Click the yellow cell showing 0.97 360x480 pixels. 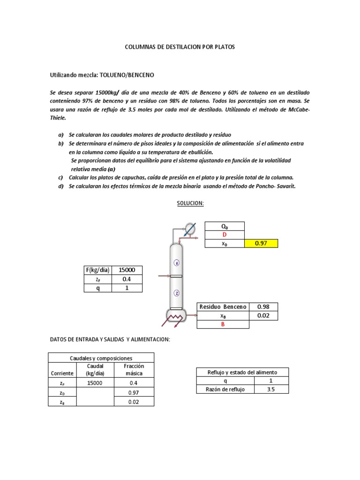pyautogui.click(x=261, y=243)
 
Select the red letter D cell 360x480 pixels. pyautogui.click(x=224, y=235)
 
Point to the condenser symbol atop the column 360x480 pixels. pyautogui.click(x=190, y=229)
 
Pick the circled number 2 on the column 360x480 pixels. pyautogui.click(x=177, y=293)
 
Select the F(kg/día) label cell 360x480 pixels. pyautogui.click(x=98, y=270)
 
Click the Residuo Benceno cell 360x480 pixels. pyautogui.click(x=223, y=307)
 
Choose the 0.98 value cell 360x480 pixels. pyautogui.click(x=261, y=307)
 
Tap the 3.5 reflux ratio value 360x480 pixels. pyautogui.click(x=271, y=389)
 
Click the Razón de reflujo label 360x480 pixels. pyautogui.click(x=225, y=389)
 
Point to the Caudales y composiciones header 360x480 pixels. pyautogui.click(x=101, y=358)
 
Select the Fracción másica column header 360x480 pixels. pyautogui.click(x=134, y=369)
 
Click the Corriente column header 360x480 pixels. pyautogui.click(x=62, y=373)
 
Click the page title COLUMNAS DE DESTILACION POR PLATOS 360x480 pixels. pyautogui.click(x=180, y=47)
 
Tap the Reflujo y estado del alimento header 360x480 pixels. pyautogui.click(x=242, y=372)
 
